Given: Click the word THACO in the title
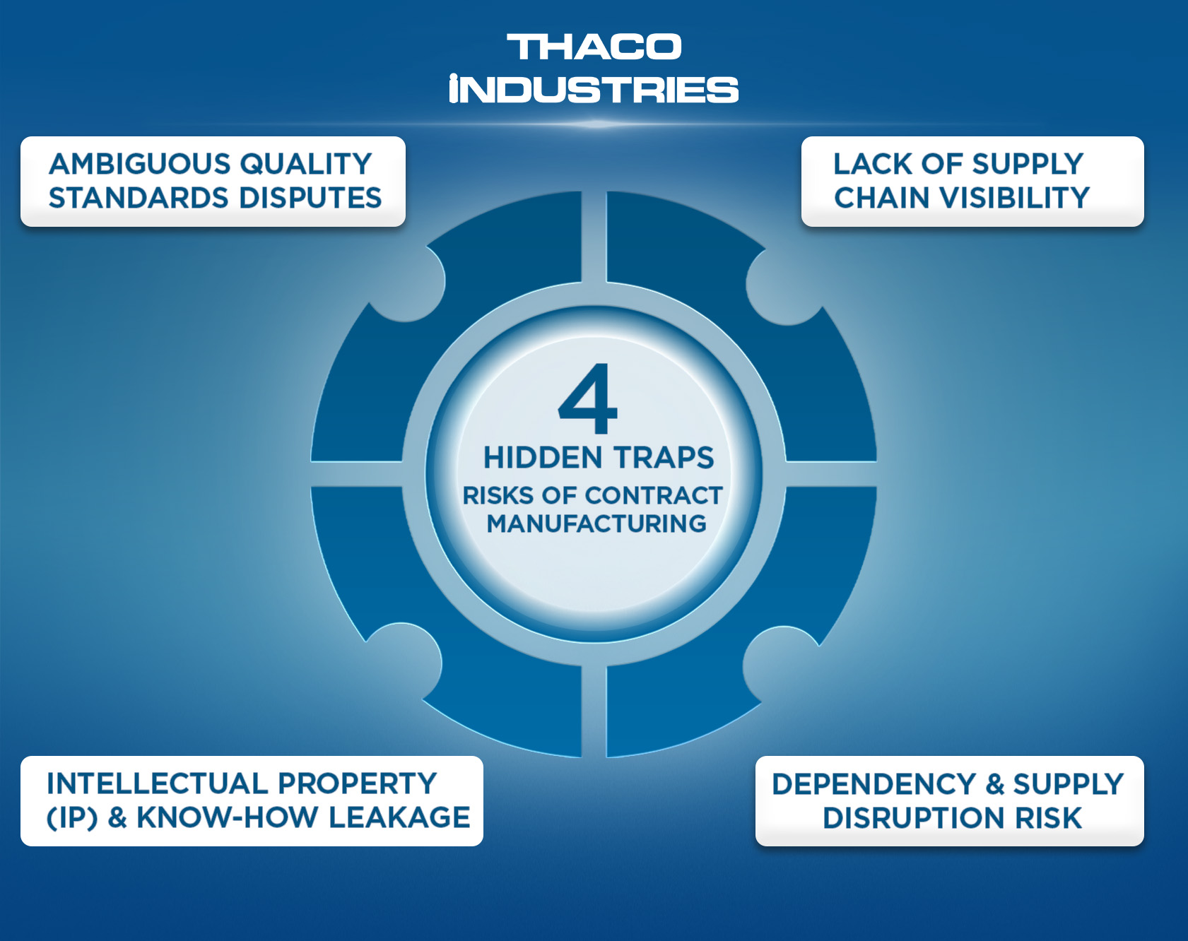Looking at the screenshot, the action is click(594, 47).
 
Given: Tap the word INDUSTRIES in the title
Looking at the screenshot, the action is click(594, 89).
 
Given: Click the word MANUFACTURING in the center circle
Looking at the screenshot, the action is click(596, 523).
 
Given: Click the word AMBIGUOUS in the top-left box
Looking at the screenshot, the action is click(139, 164).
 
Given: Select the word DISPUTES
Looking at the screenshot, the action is click(310, 198).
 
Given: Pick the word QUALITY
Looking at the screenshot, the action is click(305, 164).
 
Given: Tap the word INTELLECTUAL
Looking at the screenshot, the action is click(157, 783).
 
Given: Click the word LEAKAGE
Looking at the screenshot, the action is click(399, 817).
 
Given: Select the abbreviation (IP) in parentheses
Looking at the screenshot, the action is click(72, 818).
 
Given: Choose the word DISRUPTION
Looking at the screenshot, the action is click(914, 818).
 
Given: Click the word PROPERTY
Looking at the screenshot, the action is click(357, 783).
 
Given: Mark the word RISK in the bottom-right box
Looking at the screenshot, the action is click(1048, 818).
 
